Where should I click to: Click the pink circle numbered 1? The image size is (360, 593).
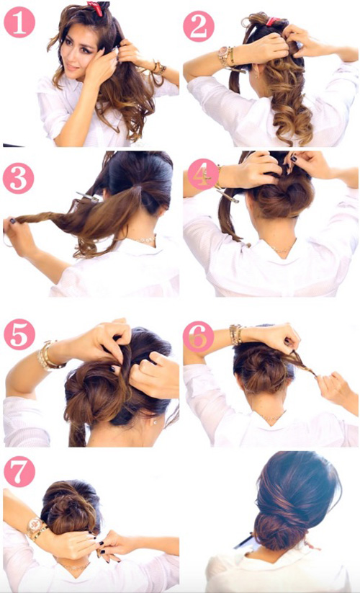[x=19, y=22]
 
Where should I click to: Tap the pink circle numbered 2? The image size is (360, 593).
[x=199, y=26]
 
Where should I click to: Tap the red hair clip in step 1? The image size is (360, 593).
[x=95, y=8]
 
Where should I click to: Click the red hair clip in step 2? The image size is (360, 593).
[x=273, y=21]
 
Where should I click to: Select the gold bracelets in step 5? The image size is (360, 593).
[x=48, y=355]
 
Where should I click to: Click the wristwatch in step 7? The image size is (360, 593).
[x=34, y=526]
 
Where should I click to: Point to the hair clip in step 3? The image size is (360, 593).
[x=87, y=197]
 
